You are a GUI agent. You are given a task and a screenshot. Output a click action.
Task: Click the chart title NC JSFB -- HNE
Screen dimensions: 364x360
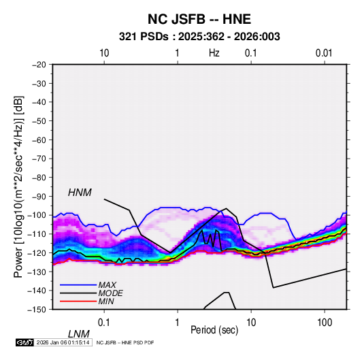199,19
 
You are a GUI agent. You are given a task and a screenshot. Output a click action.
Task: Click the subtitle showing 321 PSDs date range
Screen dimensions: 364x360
199,37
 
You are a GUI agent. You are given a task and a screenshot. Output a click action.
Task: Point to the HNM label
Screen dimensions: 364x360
80,193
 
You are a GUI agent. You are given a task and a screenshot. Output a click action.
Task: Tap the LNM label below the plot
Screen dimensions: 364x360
79,334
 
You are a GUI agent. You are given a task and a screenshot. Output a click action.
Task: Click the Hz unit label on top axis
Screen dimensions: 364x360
214,53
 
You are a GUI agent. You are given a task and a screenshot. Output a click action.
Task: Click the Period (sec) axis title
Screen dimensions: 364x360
214,330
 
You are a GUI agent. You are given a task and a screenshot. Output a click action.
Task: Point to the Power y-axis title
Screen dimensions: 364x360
18,187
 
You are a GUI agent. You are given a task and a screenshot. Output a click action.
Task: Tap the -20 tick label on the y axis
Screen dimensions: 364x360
39,65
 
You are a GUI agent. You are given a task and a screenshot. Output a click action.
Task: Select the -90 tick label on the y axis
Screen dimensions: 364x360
39,196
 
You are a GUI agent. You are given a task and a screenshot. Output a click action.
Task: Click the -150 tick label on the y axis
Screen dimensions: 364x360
37,310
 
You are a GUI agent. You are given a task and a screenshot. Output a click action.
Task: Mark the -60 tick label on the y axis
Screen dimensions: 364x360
39,140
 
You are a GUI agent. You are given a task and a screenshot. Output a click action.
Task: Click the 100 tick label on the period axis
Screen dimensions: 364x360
325,323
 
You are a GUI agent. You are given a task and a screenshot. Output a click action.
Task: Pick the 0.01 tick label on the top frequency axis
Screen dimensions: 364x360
324,53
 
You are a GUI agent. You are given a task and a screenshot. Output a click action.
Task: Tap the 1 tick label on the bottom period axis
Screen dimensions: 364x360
178,323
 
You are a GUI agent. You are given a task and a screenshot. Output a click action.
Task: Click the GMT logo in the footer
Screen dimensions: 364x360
25,342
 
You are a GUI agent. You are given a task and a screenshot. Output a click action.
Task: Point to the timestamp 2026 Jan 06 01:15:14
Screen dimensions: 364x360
63,342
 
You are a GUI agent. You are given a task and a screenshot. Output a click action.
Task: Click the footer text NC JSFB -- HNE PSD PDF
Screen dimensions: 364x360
125,342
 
